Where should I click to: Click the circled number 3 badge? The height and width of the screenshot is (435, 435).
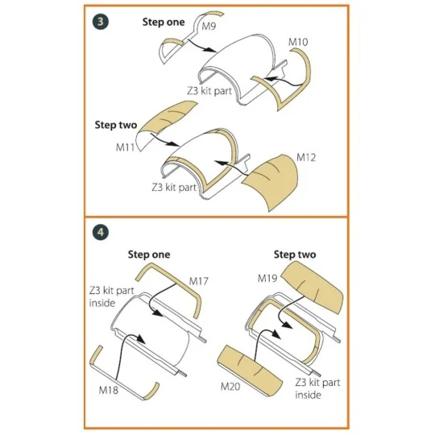tap(101, 22)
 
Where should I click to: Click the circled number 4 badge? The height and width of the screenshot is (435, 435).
tap(101, 232)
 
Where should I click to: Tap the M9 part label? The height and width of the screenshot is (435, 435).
tap(209, 27)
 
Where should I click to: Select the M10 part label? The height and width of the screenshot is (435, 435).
tap(298, 42)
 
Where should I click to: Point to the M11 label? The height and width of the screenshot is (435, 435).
tap(125, 147)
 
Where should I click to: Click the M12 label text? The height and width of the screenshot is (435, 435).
tap(306, 158)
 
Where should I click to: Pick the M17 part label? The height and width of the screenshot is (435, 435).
tap(199, 281)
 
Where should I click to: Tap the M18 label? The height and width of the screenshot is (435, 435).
tap(109, 390)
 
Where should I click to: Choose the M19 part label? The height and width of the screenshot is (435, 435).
tap(267, 278)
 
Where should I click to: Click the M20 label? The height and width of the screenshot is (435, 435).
tap(230, 386)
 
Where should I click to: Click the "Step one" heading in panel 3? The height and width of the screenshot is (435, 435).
tap(164, 23)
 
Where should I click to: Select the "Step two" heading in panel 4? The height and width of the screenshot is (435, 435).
tap(295, 255)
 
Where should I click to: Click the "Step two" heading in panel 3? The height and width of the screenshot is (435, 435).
tap(116, 125)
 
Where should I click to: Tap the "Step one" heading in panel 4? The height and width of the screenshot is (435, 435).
tap(149, 255)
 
